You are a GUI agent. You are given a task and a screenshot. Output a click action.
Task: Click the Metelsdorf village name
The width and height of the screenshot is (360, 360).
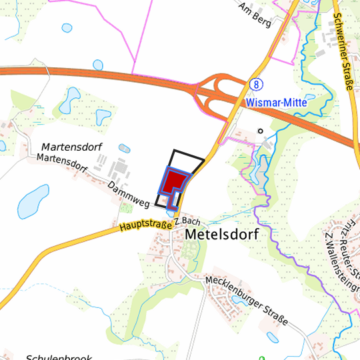[221, 235]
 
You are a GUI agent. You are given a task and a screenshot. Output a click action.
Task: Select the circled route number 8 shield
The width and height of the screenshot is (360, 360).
[255, 85]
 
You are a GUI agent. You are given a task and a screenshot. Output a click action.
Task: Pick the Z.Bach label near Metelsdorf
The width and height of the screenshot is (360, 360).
[187, 220]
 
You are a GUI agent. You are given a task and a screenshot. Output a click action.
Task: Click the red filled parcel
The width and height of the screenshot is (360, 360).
[176, 180]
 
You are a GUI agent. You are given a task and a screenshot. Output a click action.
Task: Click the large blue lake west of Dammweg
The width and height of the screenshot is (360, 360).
[31, 202]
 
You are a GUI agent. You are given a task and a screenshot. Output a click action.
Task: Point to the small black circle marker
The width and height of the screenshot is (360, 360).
[261, 131]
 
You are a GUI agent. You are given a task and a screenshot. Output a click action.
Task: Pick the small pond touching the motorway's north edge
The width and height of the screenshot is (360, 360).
[98, 65]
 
